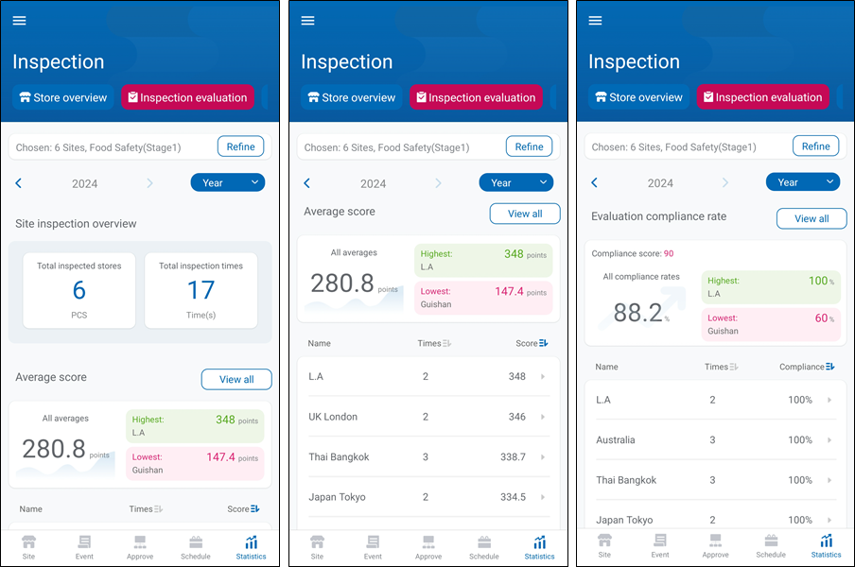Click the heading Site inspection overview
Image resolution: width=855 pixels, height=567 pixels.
(76, 224)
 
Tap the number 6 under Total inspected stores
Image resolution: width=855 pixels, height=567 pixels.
(79, 290)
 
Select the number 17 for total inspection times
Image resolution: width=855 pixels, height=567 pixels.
(201, 290)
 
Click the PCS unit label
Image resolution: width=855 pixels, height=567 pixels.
(79, 315)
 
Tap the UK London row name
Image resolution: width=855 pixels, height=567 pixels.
(333, 417)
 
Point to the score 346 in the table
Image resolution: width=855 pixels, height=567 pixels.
(516, 417)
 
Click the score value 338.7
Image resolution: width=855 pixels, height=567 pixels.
(513, 456)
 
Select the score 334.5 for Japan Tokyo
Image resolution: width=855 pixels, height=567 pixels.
(513, 497)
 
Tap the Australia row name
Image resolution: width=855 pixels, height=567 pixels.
(616, 440)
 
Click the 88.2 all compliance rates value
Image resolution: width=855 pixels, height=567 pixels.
(639, 312)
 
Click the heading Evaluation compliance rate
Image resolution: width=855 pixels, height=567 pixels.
(658, 216)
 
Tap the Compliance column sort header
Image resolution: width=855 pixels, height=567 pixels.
(807, 367)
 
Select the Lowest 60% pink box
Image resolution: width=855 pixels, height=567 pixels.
(770, 324)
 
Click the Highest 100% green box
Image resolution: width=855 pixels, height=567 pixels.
(770, 287)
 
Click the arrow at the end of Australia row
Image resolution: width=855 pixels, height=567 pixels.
(829, 440)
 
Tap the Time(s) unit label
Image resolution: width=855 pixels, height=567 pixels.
(201, 315)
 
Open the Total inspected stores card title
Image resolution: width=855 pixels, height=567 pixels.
(79, 266)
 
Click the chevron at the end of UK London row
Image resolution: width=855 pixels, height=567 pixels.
(543, 417)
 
